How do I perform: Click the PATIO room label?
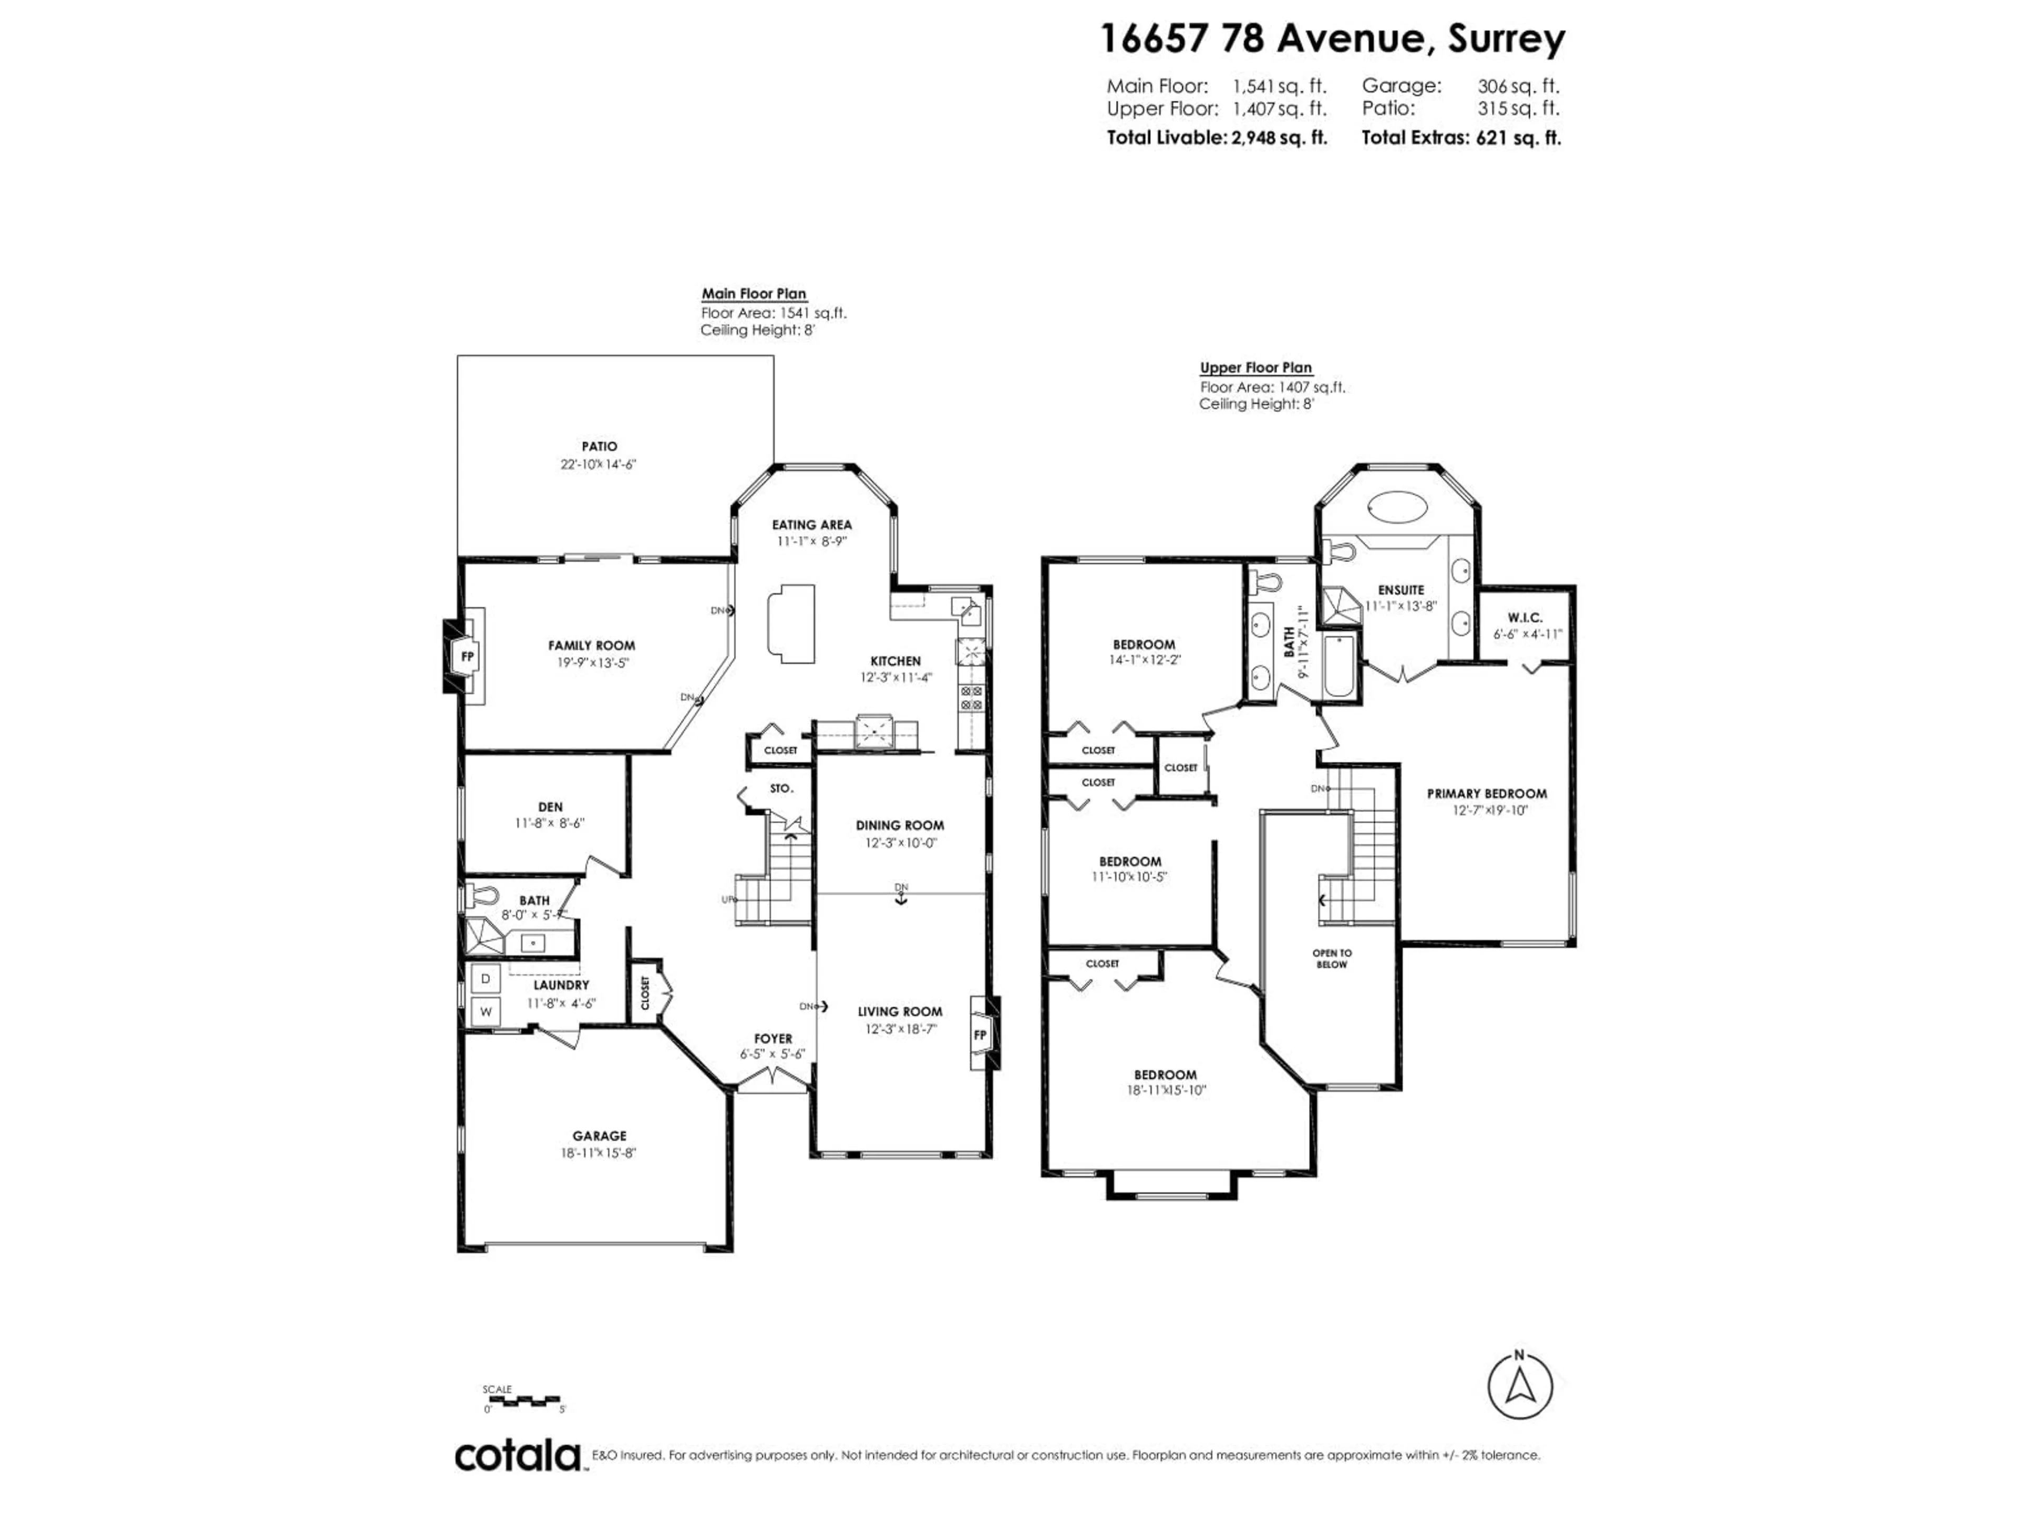[x=600, y=446]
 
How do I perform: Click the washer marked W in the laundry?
[x=486, y=1011]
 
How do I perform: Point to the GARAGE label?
[x=600, y=1136]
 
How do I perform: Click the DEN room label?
[x=550, y=807]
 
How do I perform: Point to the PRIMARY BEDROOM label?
[x=1487, y=794]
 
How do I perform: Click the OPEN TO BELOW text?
[x=1332, y=958]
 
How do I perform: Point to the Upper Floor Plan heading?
[x=1256, y=368]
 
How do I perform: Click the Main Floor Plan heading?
[x=754, y=294]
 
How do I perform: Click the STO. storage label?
[x=782, y=787]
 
